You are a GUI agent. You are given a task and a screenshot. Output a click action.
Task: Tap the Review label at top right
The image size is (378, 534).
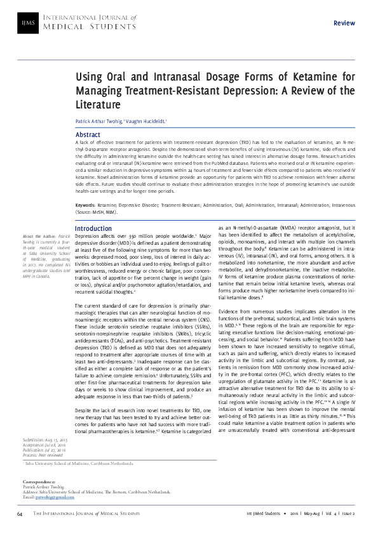[x=344, y=23]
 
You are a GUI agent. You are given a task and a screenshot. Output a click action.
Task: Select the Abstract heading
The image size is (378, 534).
[x=88, y=135]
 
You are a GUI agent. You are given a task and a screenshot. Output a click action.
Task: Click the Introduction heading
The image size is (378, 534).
[x=93, y=228]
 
